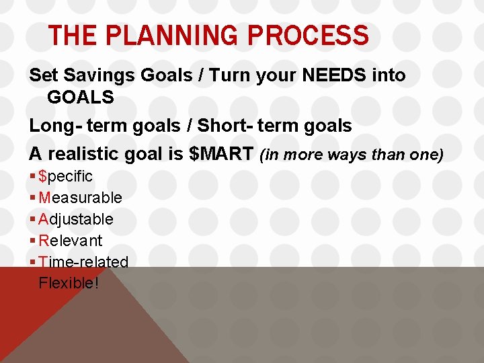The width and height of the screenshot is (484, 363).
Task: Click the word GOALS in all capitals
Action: pos(80,97)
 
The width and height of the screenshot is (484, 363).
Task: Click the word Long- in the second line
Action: pos(53,126)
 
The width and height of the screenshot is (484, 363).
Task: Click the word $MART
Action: pos(223,155)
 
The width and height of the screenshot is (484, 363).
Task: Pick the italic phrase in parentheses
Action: pos(352,155)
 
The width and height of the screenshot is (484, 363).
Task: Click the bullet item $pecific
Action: pos(65,177)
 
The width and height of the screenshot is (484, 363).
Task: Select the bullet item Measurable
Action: pos(80,198)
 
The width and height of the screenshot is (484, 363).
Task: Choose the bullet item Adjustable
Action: pos(76,219)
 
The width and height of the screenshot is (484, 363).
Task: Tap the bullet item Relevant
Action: pos(71,241)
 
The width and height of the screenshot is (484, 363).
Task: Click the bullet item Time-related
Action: pos(83,261)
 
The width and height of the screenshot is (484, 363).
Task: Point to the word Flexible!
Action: pos(69,283)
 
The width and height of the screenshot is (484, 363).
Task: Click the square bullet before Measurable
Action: pos(34,198)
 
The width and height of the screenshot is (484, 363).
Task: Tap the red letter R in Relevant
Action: pos(44,241)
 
